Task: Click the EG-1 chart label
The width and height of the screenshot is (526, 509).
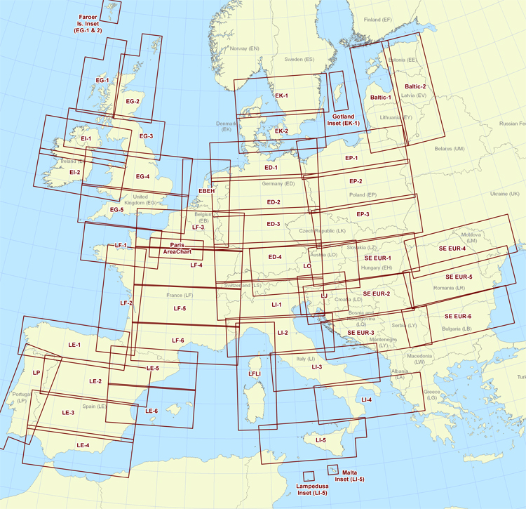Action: point(102,81)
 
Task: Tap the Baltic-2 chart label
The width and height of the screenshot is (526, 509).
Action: point(415,86)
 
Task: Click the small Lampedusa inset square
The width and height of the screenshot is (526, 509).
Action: point(308,477)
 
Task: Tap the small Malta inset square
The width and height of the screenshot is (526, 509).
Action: point(332,469)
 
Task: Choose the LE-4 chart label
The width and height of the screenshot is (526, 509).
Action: point(83,446)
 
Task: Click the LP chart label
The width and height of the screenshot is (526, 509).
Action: point(37,373)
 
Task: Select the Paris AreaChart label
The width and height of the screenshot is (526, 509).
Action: point(177,248)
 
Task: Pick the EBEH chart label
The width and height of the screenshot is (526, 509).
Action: point(206,191)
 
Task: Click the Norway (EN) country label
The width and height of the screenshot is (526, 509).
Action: point(245,48)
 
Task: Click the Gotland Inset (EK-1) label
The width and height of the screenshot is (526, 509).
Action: point(344,119)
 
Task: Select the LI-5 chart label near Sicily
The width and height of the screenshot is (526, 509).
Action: point(321,440)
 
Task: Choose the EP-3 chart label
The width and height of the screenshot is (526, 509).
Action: point(363,213)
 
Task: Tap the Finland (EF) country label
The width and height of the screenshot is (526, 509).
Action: point(377,20)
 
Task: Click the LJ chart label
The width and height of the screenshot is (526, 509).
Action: point(324,296)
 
